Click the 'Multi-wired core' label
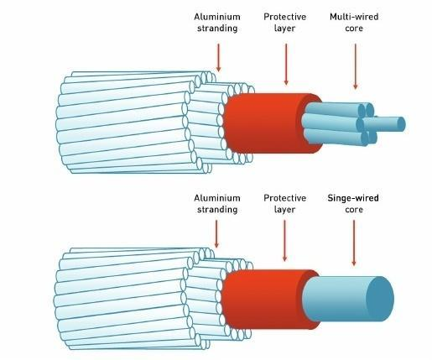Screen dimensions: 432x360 click(x=354, y=23)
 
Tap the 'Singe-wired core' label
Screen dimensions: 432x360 click(x=353, y=204)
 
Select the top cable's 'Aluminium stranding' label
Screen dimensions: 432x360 click(x=217, y=23)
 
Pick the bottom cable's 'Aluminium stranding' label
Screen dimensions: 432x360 click(x=217, y=204)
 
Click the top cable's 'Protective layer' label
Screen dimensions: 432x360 click(x=285, y=23)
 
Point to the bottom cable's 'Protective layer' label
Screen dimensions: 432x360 click(x=285, y=204)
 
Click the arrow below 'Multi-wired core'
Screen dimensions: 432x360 click(x=356, y=66)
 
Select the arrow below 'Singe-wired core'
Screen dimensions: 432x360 click(x=354, y=243)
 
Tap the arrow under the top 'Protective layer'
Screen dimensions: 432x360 click(x=286, y=64)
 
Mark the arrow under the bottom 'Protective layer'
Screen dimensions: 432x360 click(x=284, y=241)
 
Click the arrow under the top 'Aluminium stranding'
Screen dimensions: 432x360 click(x=219, y=57)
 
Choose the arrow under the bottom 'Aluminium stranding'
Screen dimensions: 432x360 click(x=216, y=234)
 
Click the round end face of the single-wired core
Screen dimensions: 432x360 click(x=380, y=299)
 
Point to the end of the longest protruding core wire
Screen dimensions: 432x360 click(x=401, y=124)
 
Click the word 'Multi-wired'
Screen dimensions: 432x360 click(x=354, y=17)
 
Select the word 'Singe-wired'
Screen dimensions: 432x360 click(x=353, y=198)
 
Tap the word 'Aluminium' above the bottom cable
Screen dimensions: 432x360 click(x=217, y=198)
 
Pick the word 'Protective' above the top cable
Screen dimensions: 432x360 click(x=285, y=17)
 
